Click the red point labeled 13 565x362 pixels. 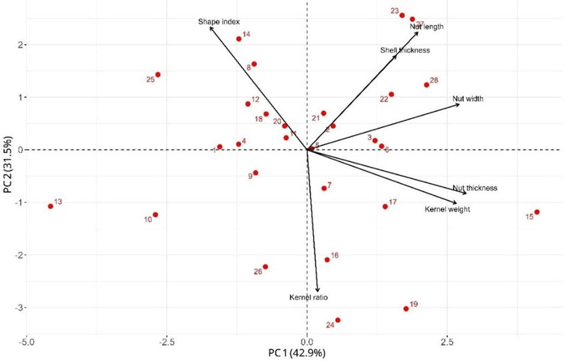pos(51,206)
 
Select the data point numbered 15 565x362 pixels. pos(537,212)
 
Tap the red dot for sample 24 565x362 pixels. pos(338,320)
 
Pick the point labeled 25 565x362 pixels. pos(158,75)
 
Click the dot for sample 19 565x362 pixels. pos(406,309)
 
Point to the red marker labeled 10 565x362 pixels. pos(155,215)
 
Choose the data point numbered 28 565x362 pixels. pos(426,85)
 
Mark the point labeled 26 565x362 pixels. pos(265,267)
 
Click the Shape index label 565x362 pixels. pos(219,22)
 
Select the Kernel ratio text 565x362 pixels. pos(309,297)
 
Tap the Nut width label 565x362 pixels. pos(468,99)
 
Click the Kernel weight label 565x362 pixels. pos(447,210)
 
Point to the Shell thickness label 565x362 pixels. pos(405,50)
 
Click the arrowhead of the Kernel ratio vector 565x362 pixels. pos(317,291)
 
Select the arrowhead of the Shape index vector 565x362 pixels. pos(210,27)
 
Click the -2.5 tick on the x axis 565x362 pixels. pos(166,342)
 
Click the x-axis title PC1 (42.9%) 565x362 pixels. pos(297,353)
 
